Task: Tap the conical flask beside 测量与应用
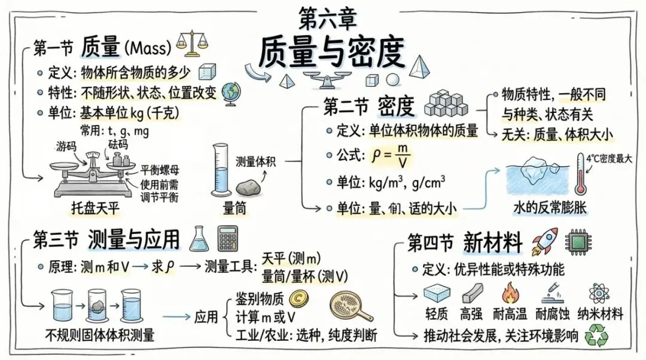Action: (x=199, y=240)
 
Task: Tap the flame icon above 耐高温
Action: (x=511, y=294)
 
